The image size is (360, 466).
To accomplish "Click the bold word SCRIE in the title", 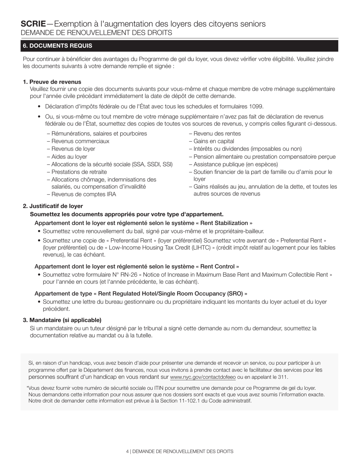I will pyautogui.click(x=33, y=24).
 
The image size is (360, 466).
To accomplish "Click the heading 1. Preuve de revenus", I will pyautogui.click(x=52, y=82).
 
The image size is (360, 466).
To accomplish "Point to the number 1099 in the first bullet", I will pyautogui.click(x=256, y=106).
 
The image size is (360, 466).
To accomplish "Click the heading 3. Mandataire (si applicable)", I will pyautogui.click(x=62, y=320).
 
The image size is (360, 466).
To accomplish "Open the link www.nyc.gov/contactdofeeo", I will pyautogui.click(x=203, y=377).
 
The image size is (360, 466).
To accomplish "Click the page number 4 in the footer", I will pyautogui.click(x=127, y=452).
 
